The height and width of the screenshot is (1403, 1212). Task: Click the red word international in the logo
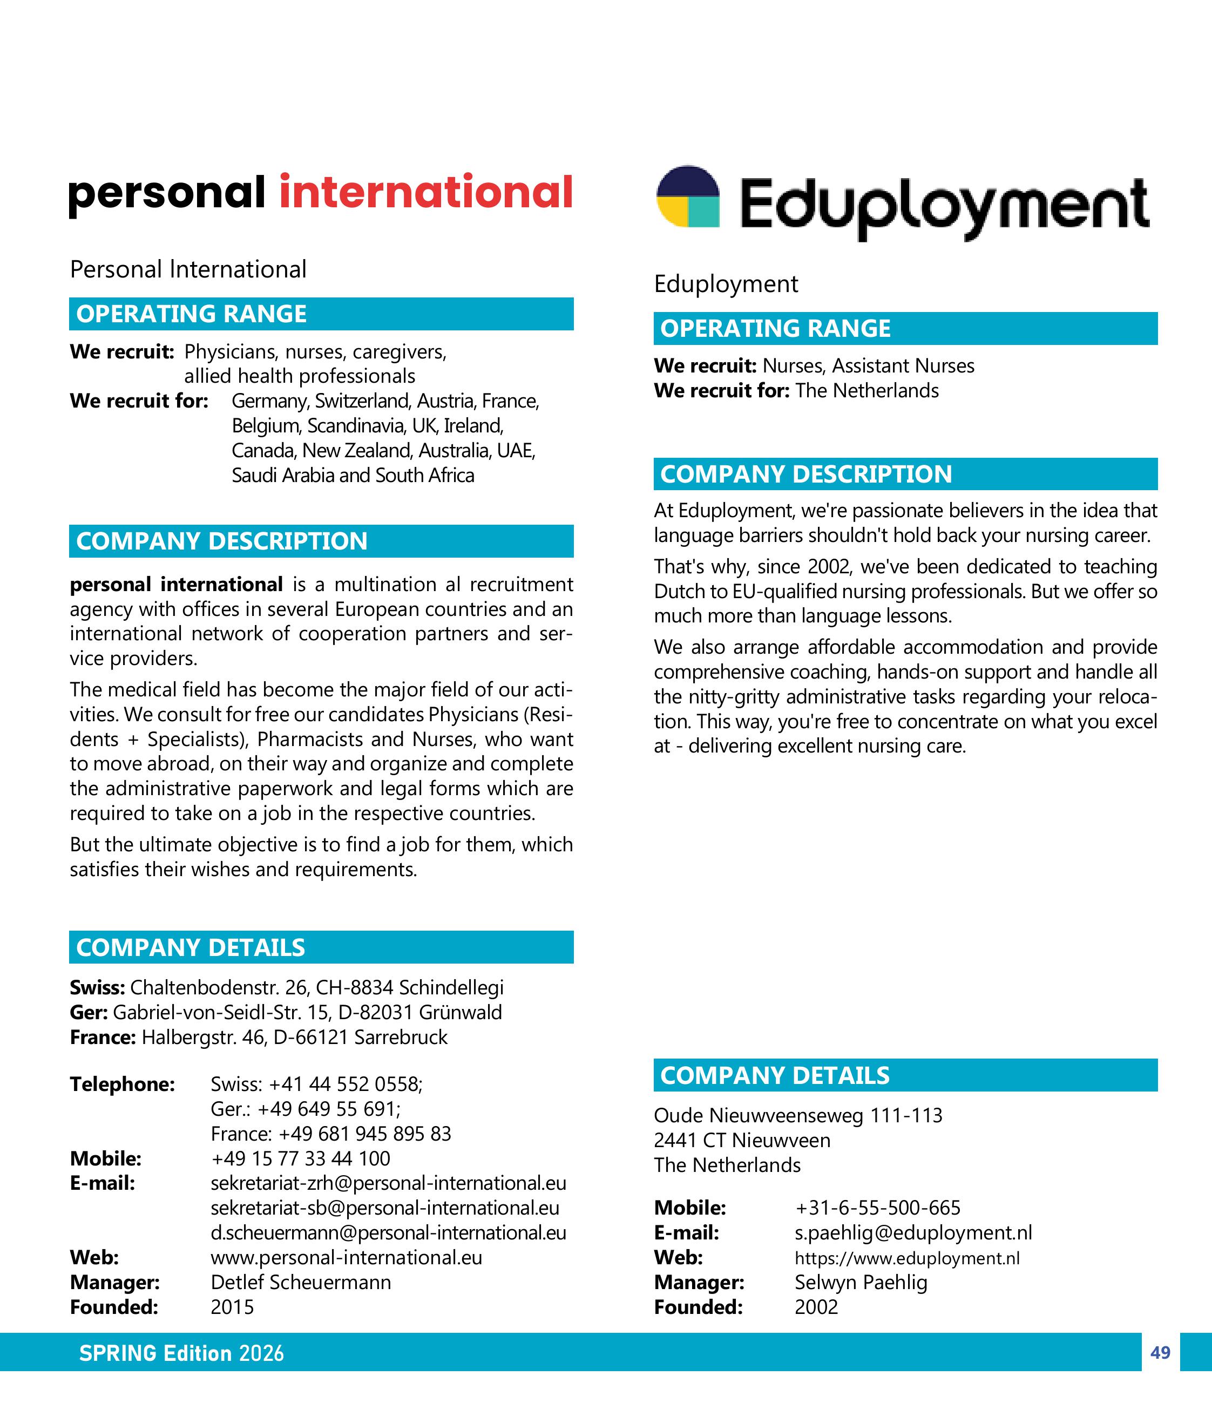pos(426,192)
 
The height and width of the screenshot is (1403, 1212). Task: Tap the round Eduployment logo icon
pos(688,196)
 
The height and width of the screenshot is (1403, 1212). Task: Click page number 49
pos(1160,1353)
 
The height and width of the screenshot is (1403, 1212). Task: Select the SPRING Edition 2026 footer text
pos(181,1353)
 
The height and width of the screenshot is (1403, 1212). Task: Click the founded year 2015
pos(232,1307)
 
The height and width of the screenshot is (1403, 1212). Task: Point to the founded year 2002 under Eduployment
pos(816,1307)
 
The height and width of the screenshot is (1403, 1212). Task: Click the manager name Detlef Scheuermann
pos(301,1282)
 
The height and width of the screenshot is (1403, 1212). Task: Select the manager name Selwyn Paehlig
pos(861,1282)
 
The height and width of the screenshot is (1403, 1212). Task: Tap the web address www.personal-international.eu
pos(346,1257)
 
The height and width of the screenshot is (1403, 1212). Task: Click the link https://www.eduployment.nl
pos(906,1258)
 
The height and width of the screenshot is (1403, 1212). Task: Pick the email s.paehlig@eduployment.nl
pos(913,1232)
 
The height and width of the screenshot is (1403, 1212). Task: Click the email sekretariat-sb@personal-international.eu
pos(384,1208)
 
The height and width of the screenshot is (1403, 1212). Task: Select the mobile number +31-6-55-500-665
pos(877,1207)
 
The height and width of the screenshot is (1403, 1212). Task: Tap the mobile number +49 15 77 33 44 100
pos(301,1158)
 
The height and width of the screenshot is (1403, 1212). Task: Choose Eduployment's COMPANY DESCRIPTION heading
pos(805,474)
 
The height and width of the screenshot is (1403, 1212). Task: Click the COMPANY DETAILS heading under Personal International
pos(191,947)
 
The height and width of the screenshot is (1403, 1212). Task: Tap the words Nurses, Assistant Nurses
pos(868,365)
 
